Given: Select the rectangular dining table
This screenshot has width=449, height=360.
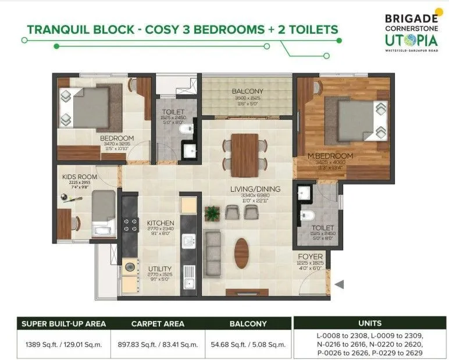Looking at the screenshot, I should (x=245, y=155).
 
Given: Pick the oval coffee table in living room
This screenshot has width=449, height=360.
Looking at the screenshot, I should (x=241, y=254).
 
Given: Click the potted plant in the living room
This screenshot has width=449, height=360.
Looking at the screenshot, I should (x=212, y=213).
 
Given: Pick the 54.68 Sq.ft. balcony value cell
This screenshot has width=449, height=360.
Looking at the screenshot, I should (x=247, y=344).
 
